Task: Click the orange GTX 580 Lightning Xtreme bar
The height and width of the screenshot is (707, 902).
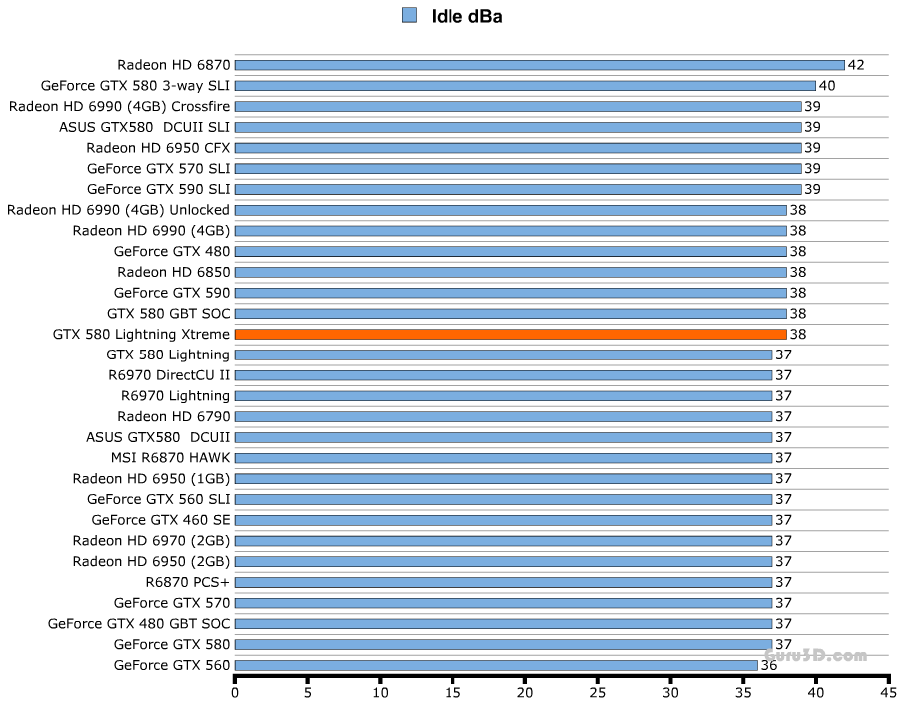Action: [x=510, y=334]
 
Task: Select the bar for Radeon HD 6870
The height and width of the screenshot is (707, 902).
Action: [x=539, y=65]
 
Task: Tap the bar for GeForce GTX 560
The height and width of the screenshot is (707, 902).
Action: [x=495, y=665]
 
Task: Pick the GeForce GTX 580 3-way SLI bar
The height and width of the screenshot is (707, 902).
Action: [x=524, y=86]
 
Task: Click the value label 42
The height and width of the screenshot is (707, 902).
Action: [x=856, y=65]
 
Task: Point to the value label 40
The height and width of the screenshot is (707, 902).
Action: [x=827, y=86]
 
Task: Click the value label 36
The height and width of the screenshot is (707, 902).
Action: [x=769, y=665]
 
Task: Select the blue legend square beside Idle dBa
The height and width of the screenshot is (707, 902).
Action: [x=409, y=15]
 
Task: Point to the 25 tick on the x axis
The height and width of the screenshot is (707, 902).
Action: [x=597, y=690]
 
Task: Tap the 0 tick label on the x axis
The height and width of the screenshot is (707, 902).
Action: [x=235, y=690]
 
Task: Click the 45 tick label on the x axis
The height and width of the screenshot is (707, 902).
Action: [x=887, y=690]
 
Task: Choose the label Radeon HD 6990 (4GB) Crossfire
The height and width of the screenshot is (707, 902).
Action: [x=119, y=106]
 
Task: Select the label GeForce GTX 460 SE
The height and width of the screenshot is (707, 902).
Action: [x=160, y=520]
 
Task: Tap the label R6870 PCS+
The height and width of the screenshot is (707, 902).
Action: [x=187, y=582]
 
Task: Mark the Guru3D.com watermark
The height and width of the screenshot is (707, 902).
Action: [x=816, y=656]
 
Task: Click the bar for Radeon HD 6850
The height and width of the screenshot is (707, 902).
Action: [x=510, y=272]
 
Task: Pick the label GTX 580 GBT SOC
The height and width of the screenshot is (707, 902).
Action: [x=168, y=314]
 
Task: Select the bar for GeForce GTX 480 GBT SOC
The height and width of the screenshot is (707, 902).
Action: [x=503, y=624]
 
